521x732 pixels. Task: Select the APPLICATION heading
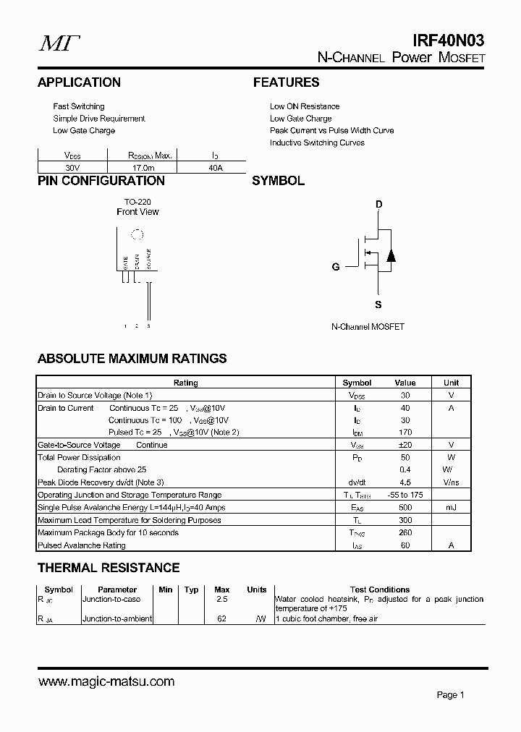click(79, 82)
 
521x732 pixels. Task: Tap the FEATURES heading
click(286, 82)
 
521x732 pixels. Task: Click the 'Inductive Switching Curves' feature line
click(317, 142)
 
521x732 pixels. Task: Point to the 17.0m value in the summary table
click(142, 167)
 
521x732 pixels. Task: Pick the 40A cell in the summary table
click(214, 167)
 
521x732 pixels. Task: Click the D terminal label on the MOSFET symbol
click(378, 204)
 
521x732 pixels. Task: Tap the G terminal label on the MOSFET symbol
click(336, 267)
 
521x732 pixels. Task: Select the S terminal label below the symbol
click(378, 305)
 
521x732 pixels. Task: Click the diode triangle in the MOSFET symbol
click(391, 255)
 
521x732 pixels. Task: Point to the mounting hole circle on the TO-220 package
click(135, 234)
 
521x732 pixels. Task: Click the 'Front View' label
click(137, 212)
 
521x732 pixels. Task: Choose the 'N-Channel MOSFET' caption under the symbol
click(368, 327)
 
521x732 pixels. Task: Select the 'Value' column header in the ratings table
click(405, 383)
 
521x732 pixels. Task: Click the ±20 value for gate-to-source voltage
click(405, 445)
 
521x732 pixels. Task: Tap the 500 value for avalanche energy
click(405, 508)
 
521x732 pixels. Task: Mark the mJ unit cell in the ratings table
click(451, 508)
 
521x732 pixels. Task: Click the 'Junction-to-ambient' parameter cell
click(117, 618)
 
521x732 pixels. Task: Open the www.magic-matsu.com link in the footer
click(106, 681)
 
